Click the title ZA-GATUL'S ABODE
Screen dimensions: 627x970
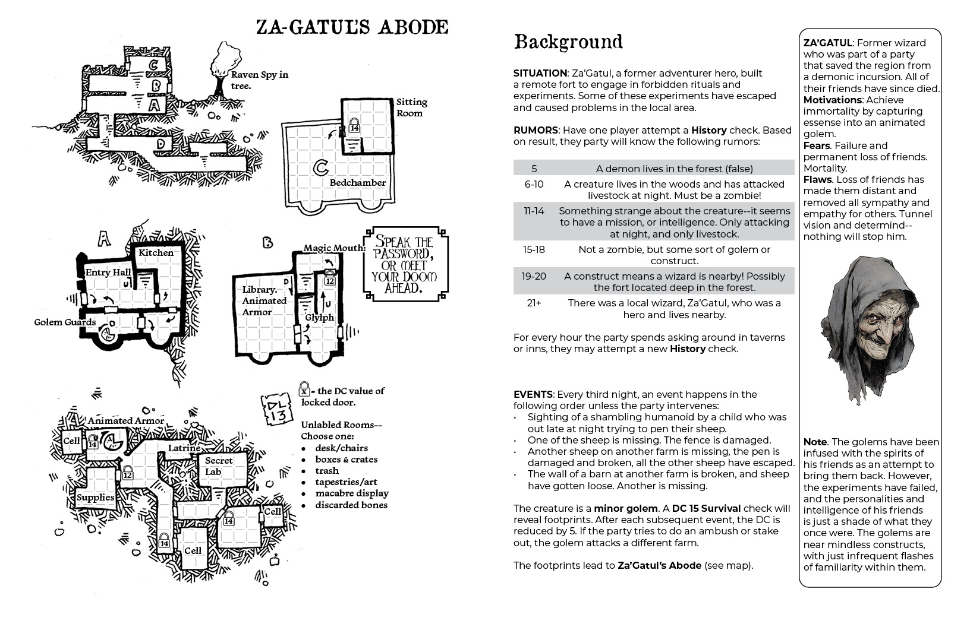pyautogui.click(x=351, y=27)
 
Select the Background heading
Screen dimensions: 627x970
pyautogui.click(x=568, y=42)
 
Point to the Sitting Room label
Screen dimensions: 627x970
pyautogui.click(x=411, y=107)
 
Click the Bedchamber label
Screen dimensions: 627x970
pyautogui.click(x=358, y=183)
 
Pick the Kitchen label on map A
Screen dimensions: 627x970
pyautogui.click(x=156, y=253)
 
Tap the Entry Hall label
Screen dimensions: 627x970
pyautogui.click(x=108, y=273)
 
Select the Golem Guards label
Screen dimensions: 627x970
pyautogui.click(x=65, y=322)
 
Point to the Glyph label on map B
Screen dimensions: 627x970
pyautogui.click(x=319, y=318)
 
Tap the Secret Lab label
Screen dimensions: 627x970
pyautogui.click(x=218, y=466)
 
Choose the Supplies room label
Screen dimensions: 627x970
pyautogui.click(x=95, y=498)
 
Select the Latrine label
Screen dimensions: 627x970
pyautogui.click(x=184, y=448)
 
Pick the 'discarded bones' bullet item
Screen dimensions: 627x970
pyautogui.click(x=351, y=505)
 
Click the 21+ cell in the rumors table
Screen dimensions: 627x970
pyautogui.click(x=534, y=303)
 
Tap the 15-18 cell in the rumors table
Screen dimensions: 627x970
pyautogui.click(x=534, y=250)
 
